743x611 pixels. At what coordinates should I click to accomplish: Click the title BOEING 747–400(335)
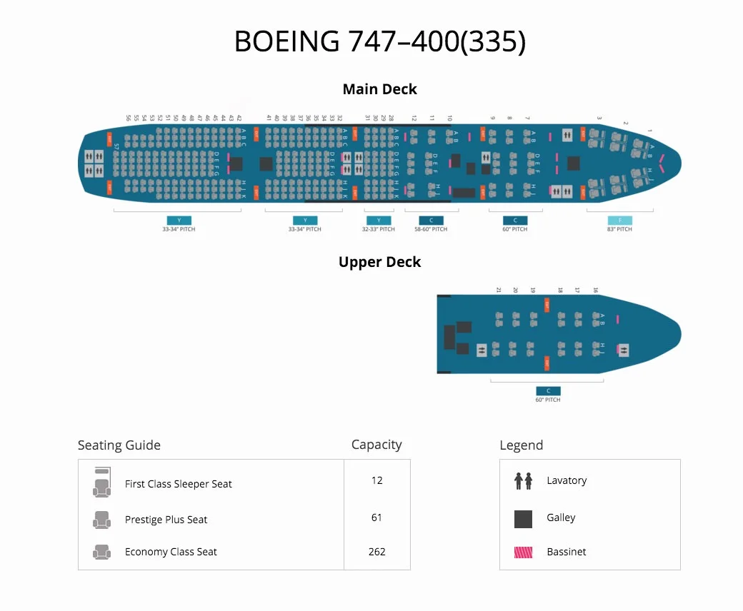tap(379, 42)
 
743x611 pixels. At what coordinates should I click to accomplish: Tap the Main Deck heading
tap(379, 89)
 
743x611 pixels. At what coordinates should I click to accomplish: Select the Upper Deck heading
tap(379, 262)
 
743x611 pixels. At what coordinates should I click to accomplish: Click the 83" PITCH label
tap(619, 229)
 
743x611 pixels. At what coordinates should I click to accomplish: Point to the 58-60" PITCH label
tap(431, 229)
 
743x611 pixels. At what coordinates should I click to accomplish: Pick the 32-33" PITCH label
tap(379, 229)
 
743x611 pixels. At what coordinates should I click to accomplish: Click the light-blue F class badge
tap(619, 221)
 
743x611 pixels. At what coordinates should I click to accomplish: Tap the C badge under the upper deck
tap(548, 391)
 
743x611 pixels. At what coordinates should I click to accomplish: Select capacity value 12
tap(377, 480)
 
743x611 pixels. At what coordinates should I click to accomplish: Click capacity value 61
tap(377, 517)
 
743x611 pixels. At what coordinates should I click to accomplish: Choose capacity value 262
tap(377, 552)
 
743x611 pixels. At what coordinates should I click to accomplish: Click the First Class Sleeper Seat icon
tap(101, 483)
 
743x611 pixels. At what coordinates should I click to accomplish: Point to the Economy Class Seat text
tap(171, 552)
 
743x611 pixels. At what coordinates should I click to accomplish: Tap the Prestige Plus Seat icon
tap(101, 520)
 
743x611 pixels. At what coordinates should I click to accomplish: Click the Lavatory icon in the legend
tap(523, 480)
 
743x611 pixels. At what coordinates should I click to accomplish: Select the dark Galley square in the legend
tap(523, 519)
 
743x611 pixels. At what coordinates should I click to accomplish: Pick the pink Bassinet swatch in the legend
tap(523, 552)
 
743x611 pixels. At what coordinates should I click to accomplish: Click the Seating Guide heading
tap(119, 445)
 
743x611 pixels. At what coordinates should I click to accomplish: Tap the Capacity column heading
tap(377, 445)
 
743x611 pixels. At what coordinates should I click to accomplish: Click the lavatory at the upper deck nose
tap(624, 350)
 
